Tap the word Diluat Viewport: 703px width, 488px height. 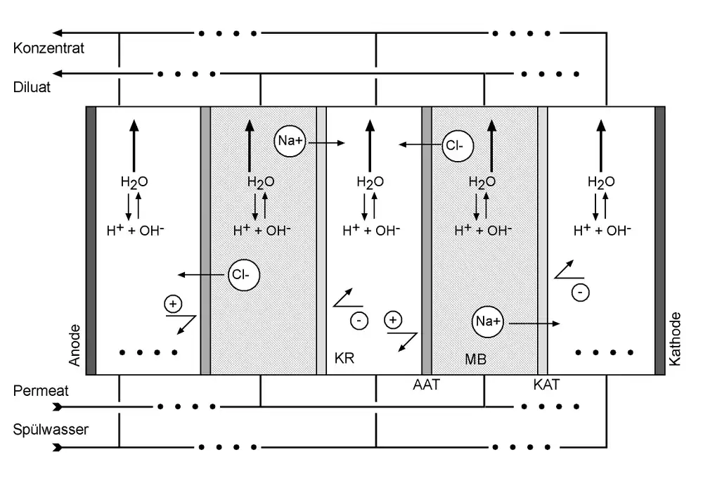32,89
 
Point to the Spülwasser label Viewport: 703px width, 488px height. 51,429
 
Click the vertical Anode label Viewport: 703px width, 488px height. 75,345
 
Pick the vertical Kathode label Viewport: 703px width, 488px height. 676,338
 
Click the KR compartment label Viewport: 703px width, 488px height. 344,359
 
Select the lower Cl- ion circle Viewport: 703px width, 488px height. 243,274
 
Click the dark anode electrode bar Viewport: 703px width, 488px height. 91,240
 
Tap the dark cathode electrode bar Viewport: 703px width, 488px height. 660,240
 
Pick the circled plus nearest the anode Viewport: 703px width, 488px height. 172,304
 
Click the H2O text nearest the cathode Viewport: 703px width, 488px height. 601,182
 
